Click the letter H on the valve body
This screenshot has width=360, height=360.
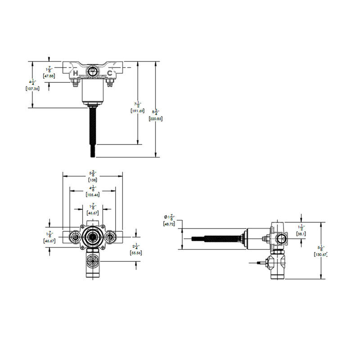(x=76, y=73)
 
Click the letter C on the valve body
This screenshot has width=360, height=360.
(x=109, y=73)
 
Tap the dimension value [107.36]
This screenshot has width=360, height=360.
(x=33, y=89)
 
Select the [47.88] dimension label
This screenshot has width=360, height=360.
(x=49, y=76)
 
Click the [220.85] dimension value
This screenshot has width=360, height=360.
(x=155, y=119)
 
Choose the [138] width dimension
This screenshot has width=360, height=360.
(x=93, y=180)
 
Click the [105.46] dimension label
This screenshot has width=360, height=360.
(x=93, y=194)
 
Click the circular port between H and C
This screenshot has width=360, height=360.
(x=92, y=72)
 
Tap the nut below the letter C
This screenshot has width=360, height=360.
(x=109, y=82)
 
